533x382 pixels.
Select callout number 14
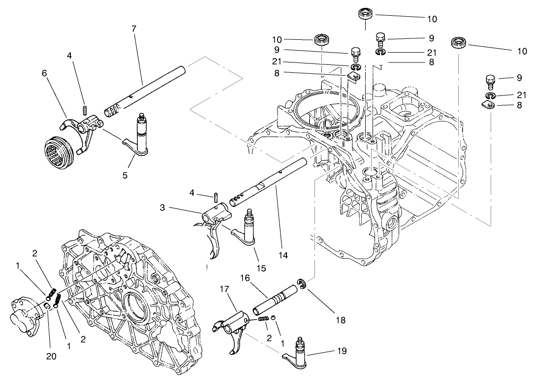tap(282, 255)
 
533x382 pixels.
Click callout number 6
tap(45, 72)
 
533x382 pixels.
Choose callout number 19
tap(342, 351)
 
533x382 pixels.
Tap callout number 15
tap(261, 268)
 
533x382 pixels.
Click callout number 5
tap(125, 175)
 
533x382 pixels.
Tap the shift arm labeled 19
tap(299, 350)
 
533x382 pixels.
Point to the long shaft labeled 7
tap(148, 89)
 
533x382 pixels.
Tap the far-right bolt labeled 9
tap(489, 79)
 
